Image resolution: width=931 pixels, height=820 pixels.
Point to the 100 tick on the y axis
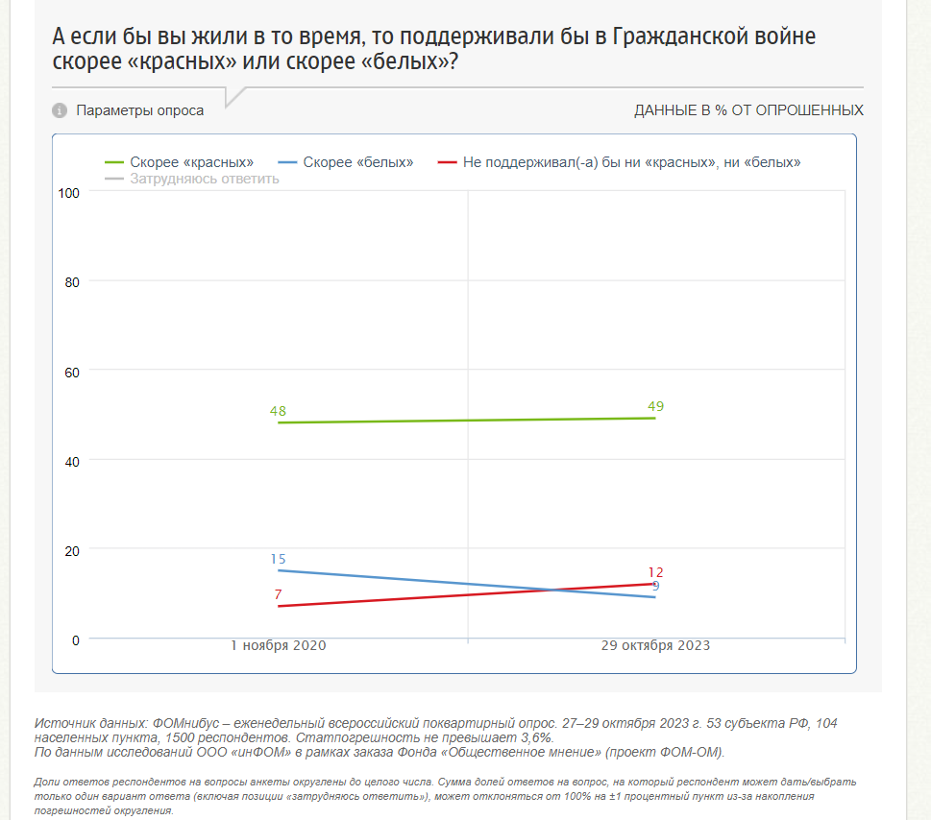[x=68, y=193]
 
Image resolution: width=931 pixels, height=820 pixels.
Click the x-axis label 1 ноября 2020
[x=279, y=646]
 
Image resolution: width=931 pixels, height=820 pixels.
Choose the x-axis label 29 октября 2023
[x=655, y=646]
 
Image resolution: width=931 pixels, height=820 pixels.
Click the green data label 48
[x=278, y=412]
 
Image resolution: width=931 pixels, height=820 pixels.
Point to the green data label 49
[x=655, y=407]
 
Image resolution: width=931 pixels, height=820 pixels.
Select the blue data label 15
[x=278, y=560]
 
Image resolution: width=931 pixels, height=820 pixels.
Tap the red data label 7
[x=278, y=595]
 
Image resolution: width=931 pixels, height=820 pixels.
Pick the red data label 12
[x=655, y=573]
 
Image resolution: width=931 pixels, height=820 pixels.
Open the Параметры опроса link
[x=140, y=110]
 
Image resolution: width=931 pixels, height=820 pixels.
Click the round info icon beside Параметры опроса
[x=60, y=110]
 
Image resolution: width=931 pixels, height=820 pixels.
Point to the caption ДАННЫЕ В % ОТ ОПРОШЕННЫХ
[x=748, y=110]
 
